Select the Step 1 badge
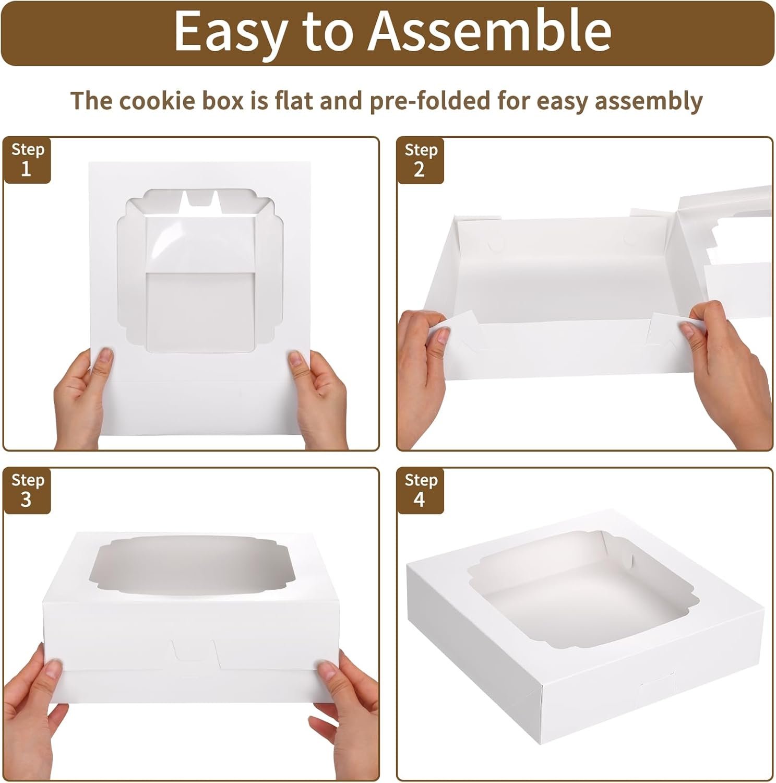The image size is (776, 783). click(28, 160)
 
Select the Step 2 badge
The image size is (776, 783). click(421, 160)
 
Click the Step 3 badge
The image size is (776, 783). click(28, 490)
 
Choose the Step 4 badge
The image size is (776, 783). click(421, 490)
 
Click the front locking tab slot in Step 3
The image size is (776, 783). click(195, 652)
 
